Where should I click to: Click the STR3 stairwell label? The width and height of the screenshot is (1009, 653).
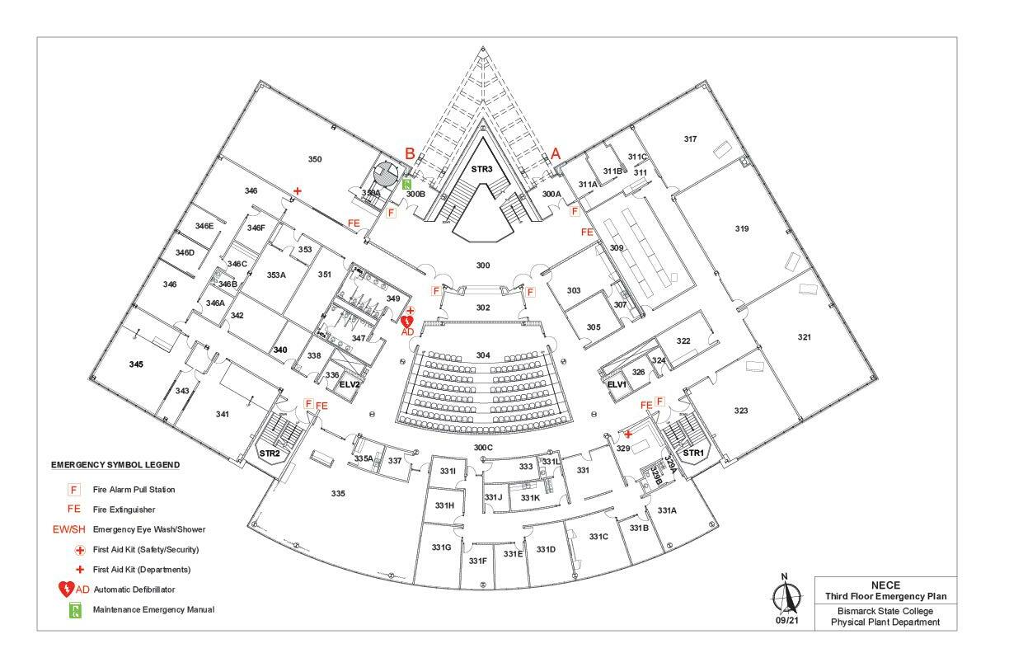click(x=481, y=169)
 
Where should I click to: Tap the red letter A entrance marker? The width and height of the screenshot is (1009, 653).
click(x=556, y=153)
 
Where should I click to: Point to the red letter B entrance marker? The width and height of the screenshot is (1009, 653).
click(x=410, y=153)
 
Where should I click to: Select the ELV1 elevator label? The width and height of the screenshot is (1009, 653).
click(x=617, y=384)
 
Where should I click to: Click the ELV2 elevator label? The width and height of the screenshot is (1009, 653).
click(x=350, y=384)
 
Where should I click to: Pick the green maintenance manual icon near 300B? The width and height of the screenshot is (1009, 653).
click(x=407, y=183)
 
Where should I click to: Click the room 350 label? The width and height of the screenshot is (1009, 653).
click(x=315, y=159)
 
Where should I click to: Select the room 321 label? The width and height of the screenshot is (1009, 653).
click(x=805, y=337)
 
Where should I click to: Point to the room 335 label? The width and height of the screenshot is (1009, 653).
click(x=338, y=494)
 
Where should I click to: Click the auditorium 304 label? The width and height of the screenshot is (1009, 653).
click(x=483, y=355)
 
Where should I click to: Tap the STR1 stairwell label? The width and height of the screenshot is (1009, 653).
click(x=693, y=453)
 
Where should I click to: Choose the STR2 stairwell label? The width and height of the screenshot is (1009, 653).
click(x=270, y=453)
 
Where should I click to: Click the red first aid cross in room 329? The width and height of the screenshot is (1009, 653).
click(x=628, y=434)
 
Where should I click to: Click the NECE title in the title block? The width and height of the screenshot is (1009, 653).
click(x=885, y=584)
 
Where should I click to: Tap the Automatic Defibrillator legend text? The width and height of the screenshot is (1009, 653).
click(x=134, y=590)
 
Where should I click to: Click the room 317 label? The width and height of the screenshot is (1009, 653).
click(x=690, y=139)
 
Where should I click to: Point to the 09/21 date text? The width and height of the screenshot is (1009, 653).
click(x=785, y=621)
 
